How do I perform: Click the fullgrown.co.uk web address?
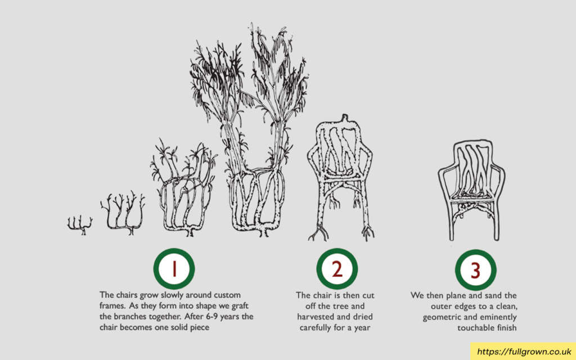[x=524, y=352]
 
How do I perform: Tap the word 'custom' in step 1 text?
[x=227, y=295]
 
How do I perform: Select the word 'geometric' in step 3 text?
[x=440, y=317]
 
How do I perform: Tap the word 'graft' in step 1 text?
[x=240, y=305]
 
